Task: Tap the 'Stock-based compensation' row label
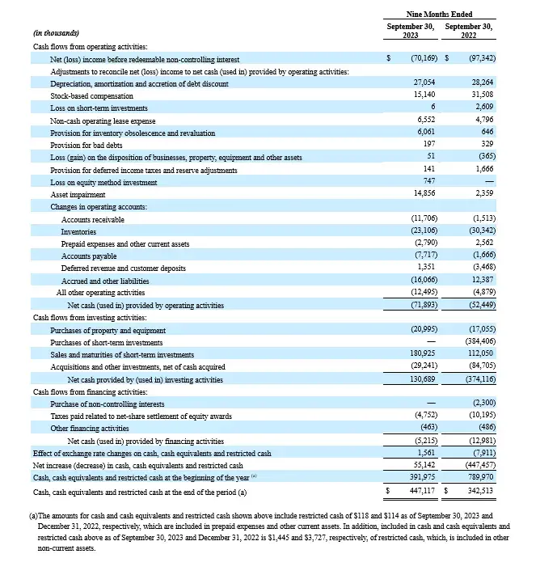91,95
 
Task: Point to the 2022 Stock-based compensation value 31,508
481,95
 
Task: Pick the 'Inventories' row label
79,232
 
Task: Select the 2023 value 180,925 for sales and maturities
422,355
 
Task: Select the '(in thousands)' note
56,32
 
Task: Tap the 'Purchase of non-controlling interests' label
108,404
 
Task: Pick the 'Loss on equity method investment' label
103,183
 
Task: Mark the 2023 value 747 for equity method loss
430,183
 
